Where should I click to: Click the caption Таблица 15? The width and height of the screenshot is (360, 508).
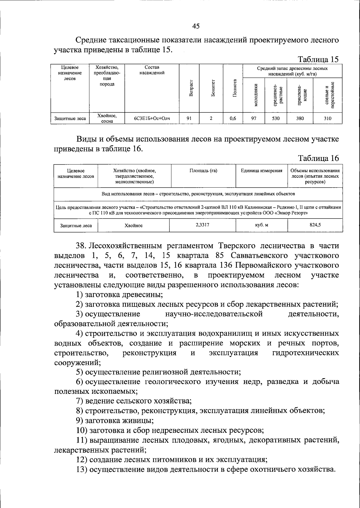(318, 59)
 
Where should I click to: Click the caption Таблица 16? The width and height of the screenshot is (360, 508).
(318, 158)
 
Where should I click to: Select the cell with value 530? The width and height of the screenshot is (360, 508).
(276, 118)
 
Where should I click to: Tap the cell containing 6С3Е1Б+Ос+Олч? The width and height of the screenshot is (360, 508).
(152, 118)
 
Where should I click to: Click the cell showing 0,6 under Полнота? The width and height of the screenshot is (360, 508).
(232, 118)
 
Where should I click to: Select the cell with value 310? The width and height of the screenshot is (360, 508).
(328, 118)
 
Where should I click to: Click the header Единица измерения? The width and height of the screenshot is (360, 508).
(261, 171)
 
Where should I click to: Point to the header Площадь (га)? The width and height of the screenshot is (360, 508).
(203, 171)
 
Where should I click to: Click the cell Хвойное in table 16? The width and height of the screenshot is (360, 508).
(133, 226)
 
